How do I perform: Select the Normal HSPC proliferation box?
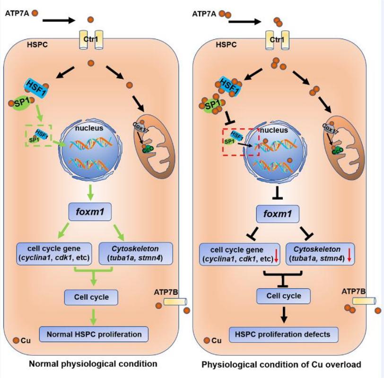pos(94,334)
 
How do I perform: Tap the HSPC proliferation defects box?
pos(283,334)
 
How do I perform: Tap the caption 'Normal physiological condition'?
pos(93,364)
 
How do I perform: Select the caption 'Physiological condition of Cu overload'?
pos(281,364)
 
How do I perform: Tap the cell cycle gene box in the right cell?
pos(239,253)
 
